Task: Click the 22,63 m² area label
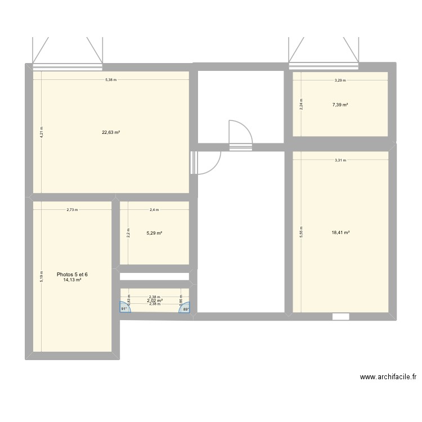click(111, 133)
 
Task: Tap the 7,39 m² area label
click(340, 105)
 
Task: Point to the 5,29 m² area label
click(154, 233)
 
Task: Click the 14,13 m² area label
click(72, 280)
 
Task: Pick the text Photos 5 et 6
click(72, 275)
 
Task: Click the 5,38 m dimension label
click(111, 80)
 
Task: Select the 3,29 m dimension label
click(340, 80)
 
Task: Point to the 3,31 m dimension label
click(340, 160)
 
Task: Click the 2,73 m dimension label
click(72, 210)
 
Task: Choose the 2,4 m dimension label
click(154, 210)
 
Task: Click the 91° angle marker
click(124, 308)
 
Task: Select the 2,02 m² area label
click(155, 301)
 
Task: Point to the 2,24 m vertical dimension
click(301, 104)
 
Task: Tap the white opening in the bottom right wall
click(340, 317)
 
